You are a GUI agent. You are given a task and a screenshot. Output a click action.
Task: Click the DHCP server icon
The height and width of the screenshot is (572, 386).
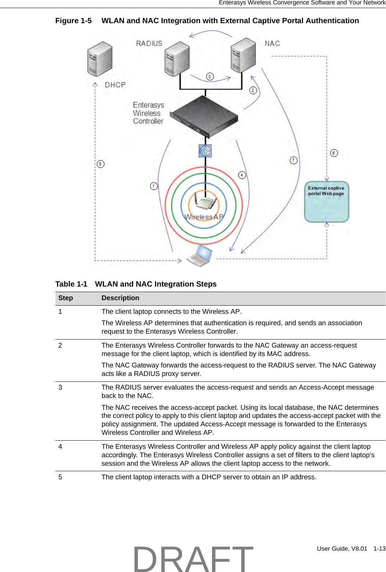pyautogui.click(x=100, y=59)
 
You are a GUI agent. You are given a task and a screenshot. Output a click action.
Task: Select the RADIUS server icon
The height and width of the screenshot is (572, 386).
pyautogui.click(x=177, y=59)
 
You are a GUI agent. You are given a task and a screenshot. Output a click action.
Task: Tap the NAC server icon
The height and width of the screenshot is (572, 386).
pyautogui.click(x=243, y=55)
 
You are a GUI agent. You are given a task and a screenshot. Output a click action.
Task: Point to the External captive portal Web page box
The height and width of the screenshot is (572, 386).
pyautogui.click(x=327, y=202)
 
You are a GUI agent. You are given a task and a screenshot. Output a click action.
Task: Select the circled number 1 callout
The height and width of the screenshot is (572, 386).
pyautogui.click(x=154, y=186)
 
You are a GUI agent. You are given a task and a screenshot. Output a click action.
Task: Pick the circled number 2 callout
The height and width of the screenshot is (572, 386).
pyautogui.click(x=253, y=90)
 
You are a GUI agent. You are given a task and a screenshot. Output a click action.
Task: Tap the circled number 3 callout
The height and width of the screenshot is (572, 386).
pyautogui.click(x=210, y=77)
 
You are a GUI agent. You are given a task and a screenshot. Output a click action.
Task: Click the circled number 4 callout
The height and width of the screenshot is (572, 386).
pyautogui.click(x=242, y=175)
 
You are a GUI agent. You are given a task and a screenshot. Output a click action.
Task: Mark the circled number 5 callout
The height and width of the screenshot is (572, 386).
pyautogui.click(x=101, y=164)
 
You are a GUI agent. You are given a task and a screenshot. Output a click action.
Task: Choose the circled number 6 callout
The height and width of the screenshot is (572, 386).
pyautogui.click(x=334, y=153)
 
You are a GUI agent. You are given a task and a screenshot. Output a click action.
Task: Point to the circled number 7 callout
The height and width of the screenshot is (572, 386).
pyautogui.click(x=293, y=160)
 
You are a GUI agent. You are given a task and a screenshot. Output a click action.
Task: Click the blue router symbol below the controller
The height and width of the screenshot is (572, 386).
pyautogui.click(x=205, y=151)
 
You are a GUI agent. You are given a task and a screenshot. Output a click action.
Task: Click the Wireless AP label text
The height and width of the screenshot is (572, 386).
pyautogui.click(x=204, y=217)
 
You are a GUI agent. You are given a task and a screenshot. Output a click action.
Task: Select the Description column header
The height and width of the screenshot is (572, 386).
pyautogui.click(x=120, y=298)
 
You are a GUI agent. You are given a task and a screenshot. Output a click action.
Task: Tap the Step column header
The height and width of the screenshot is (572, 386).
pyautogui.click(x=65, y=298)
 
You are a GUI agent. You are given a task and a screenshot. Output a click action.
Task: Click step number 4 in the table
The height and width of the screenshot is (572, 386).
pyautogui.click(x=60, y=446)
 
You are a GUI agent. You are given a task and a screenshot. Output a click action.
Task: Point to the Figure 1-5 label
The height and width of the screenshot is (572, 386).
pyautogui.click(x=73, y=21)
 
